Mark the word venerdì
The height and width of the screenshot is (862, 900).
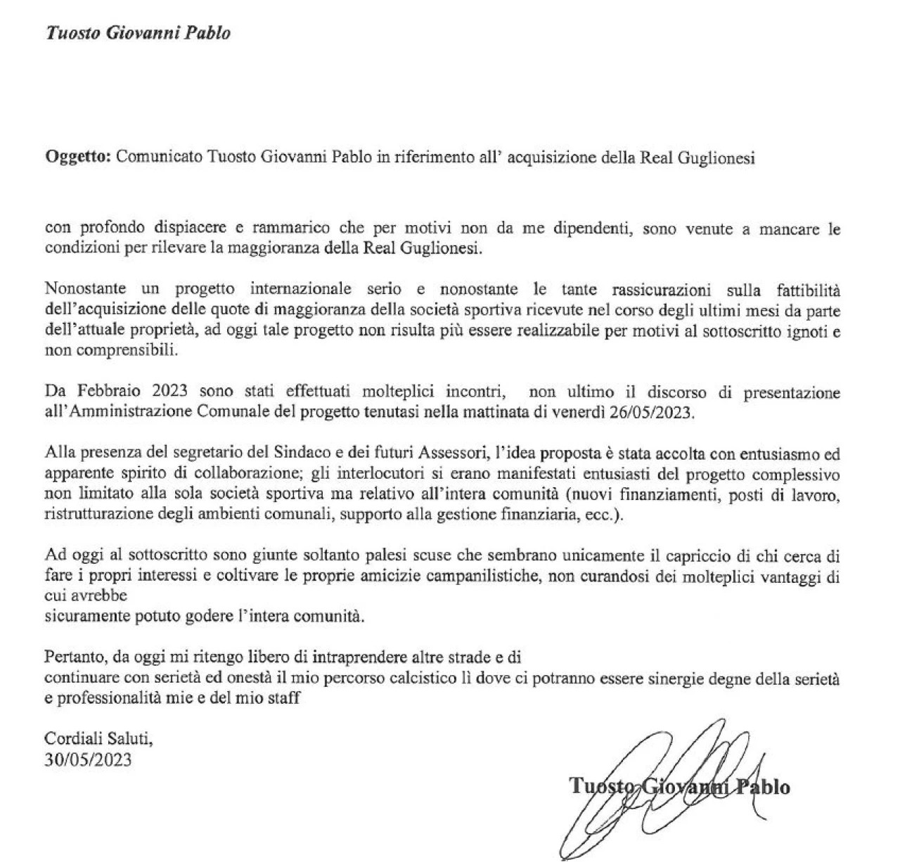(579, 412)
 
